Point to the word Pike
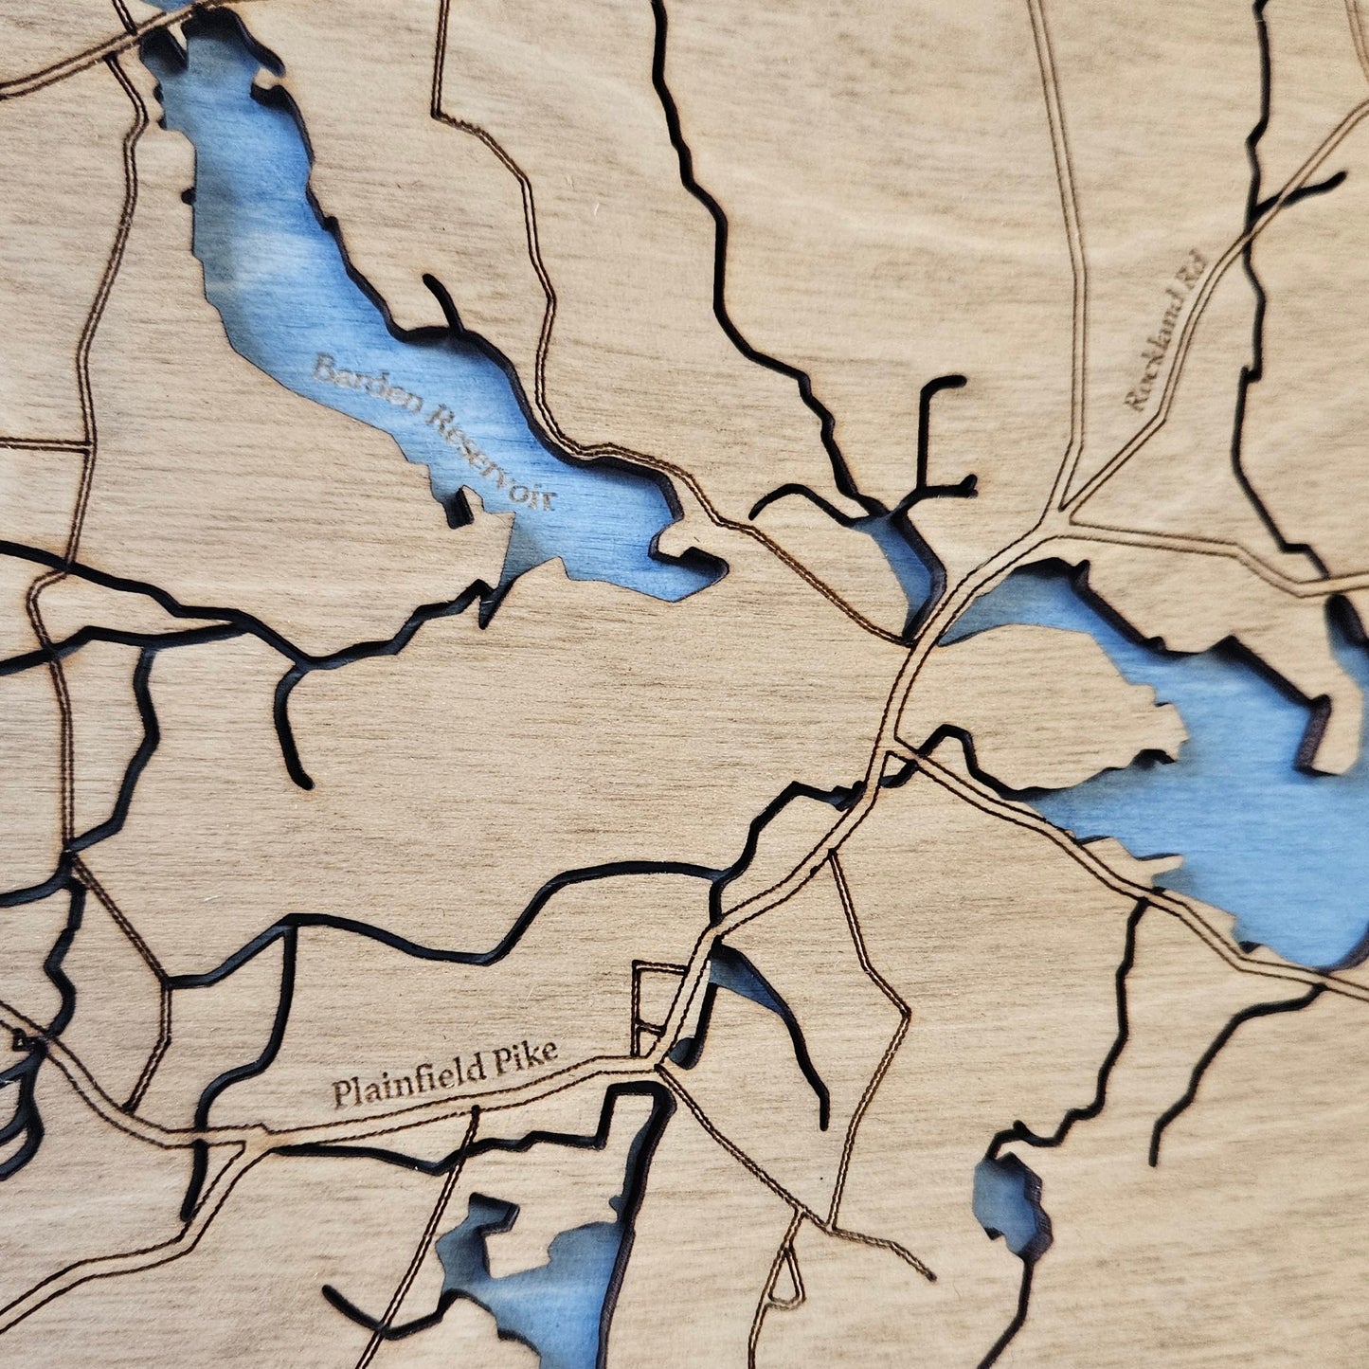click(x=526, y=1058)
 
